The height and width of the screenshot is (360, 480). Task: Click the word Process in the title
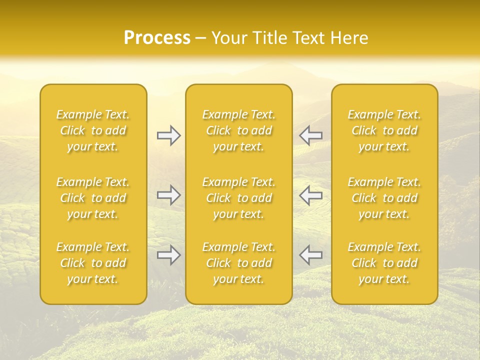point(157,38)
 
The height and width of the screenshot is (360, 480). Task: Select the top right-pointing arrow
point(169,135)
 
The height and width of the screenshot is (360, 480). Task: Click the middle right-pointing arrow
point(169,195)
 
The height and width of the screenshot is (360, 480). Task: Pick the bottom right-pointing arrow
point(169,255)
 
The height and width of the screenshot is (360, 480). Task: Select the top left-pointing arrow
point(311,135)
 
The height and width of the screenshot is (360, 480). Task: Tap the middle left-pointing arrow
point(311,195)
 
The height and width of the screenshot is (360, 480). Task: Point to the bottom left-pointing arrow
point(311,255)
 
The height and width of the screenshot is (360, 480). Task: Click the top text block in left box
point(93,130)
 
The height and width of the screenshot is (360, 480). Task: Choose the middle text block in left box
point(93,198)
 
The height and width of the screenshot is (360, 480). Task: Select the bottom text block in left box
point(93,263)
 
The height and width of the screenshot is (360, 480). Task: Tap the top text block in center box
point(239,130)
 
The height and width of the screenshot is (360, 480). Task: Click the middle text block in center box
point(239,198)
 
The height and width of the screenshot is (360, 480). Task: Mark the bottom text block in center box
point(239,263)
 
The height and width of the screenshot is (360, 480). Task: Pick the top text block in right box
point(384,130)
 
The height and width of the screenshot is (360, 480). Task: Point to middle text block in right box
point(384,198)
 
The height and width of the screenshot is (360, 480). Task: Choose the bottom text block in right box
point(384,263)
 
